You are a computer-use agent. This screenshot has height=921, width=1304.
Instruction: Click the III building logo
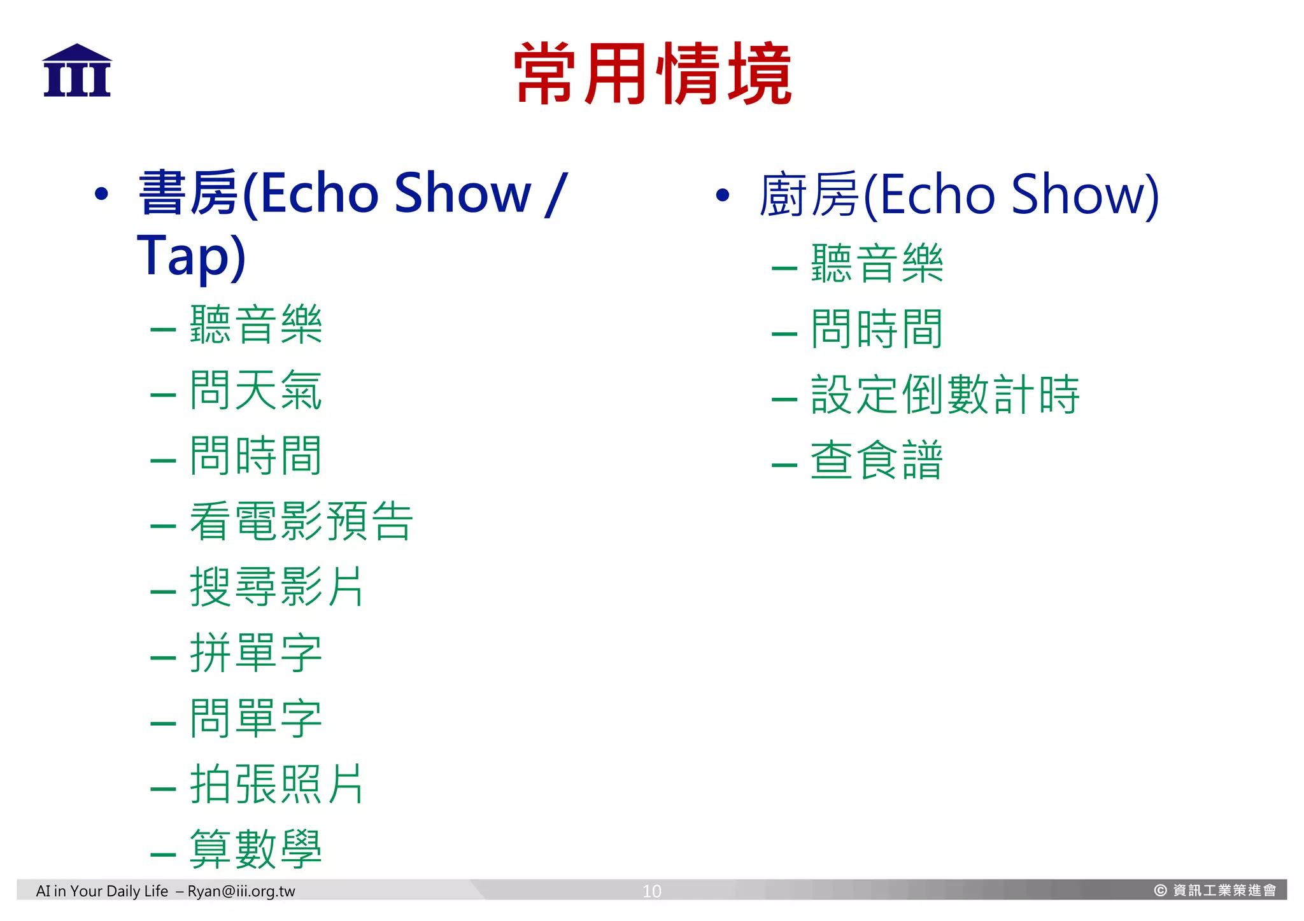pos(77,71)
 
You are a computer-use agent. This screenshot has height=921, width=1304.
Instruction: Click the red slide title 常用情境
pos(653,74)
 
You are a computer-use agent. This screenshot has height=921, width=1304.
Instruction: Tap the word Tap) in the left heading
pos(191,256)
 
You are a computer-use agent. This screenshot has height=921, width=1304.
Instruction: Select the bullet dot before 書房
pos(101,194)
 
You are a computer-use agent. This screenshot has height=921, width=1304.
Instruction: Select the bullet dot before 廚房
pos(722,195)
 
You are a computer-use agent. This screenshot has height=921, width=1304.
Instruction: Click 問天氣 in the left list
pos(256,390)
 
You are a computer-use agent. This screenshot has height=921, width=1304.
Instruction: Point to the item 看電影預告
pos(301,521)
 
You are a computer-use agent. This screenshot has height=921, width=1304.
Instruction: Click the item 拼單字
pos(256,653)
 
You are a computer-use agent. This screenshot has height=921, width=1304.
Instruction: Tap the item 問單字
pos(256,719)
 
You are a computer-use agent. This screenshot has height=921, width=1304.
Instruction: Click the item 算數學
pos(256,850)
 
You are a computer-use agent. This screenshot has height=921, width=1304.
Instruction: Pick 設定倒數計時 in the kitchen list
pos(945,395)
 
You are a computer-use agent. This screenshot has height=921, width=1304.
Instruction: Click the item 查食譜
pos(876,460)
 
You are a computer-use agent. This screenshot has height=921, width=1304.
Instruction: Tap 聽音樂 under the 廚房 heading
pos(876,264)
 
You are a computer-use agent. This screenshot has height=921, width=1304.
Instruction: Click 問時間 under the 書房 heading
pos(256,456)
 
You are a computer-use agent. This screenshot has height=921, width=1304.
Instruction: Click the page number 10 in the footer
pos(651,891)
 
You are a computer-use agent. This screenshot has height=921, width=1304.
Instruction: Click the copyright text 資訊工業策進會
pos(1224,890)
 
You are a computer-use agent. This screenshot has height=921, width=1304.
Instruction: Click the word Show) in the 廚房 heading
pos(1085,195)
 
